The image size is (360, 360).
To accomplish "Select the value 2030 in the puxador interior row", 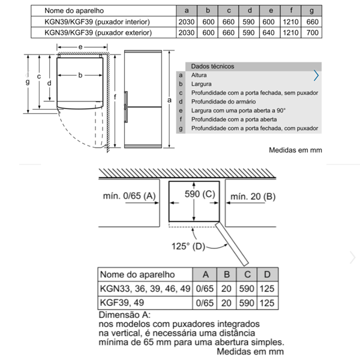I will coord(187,22).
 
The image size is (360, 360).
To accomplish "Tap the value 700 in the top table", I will coord(311,32).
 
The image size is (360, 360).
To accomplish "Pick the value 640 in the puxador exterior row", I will coord(270,32).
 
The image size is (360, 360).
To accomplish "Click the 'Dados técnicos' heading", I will coord(212,67).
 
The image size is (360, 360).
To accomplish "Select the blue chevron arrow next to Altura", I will coord(316,76).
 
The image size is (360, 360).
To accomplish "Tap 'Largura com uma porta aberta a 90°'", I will coord(238,110).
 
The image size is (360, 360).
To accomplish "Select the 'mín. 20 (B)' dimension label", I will coord(253,196).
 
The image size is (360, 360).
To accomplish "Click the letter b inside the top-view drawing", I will coord(80,75).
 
